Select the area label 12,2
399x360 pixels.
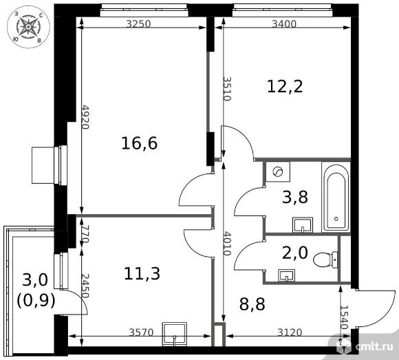pos(285,86)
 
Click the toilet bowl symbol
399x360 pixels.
pos(324,260)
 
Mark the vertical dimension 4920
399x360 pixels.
pos(86,119)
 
